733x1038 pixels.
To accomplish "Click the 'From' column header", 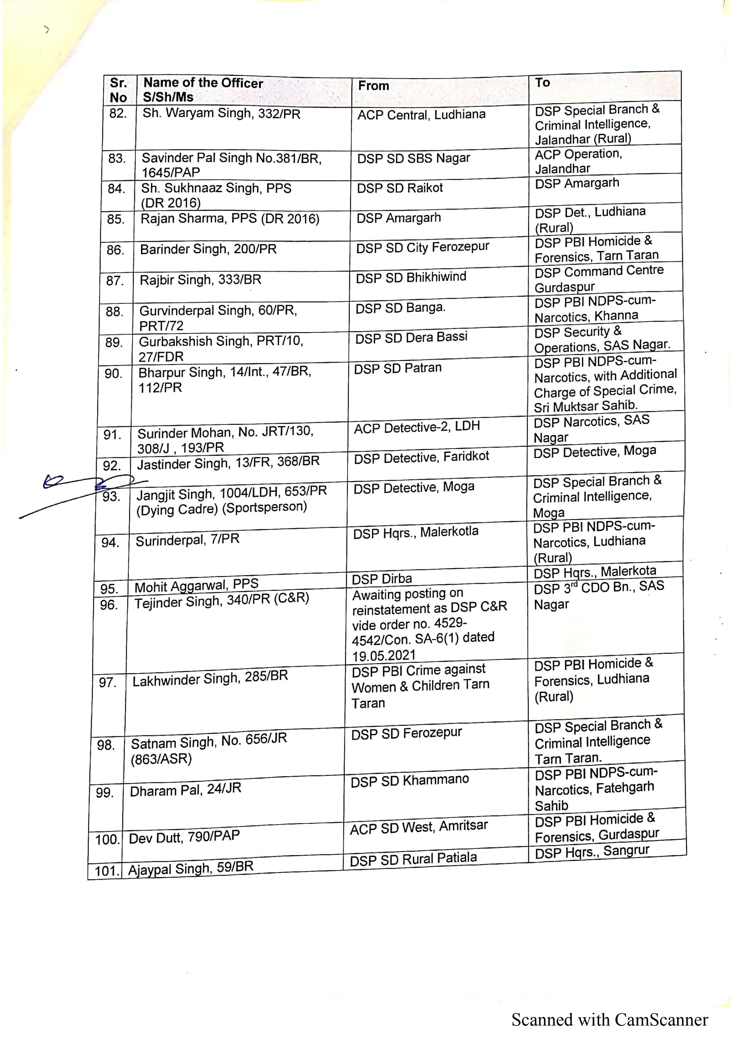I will [374, 86].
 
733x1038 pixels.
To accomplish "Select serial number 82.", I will [118, 113].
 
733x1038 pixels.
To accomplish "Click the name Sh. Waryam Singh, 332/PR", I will [221, 113].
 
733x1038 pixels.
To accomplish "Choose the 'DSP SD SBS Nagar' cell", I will [413, 158].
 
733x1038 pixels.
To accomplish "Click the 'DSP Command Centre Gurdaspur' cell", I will [599, 279].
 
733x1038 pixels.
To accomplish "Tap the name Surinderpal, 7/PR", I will [188, 540].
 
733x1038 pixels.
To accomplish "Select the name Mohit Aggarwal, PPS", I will [196, 586].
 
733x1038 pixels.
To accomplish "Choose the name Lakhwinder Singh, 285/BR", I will [210, 678].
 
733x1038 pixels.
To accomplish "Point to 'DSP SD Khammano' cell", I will [410, 780].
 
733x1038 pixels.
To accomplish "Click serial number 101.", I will [106, 871].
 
